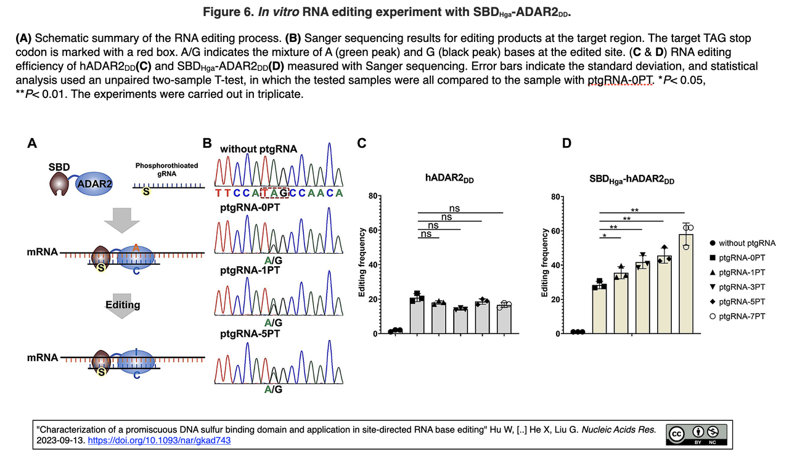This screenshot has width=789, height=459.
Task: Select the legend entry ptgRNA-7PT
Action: click(x=742, y=316)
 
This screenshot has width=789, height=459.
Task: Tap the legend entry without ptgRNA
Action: click(x=746, y=243)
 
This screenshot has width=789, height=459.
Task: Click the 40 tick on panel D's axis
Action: click(x=558, y=265)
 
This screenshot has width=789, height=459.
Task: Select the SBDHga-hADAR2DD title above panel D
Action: click(x=632, y=179)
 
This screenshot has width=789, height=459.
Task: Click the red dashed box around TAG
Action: click(x=274, y=192)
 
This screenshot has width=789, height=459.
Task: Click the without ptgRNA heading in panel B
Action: click(x=258, y=149)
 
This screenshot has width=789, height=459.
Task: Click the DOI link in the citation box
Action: click(x=160, y=441)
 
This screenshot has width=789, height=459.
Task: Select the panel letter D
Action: click(x=566, y=144)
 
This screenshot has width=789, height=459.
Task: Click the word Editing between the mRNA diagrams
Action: click(x=123, y=305)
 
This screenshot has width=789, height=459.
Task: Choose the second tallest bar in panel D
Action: click(x=664, y=294)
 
